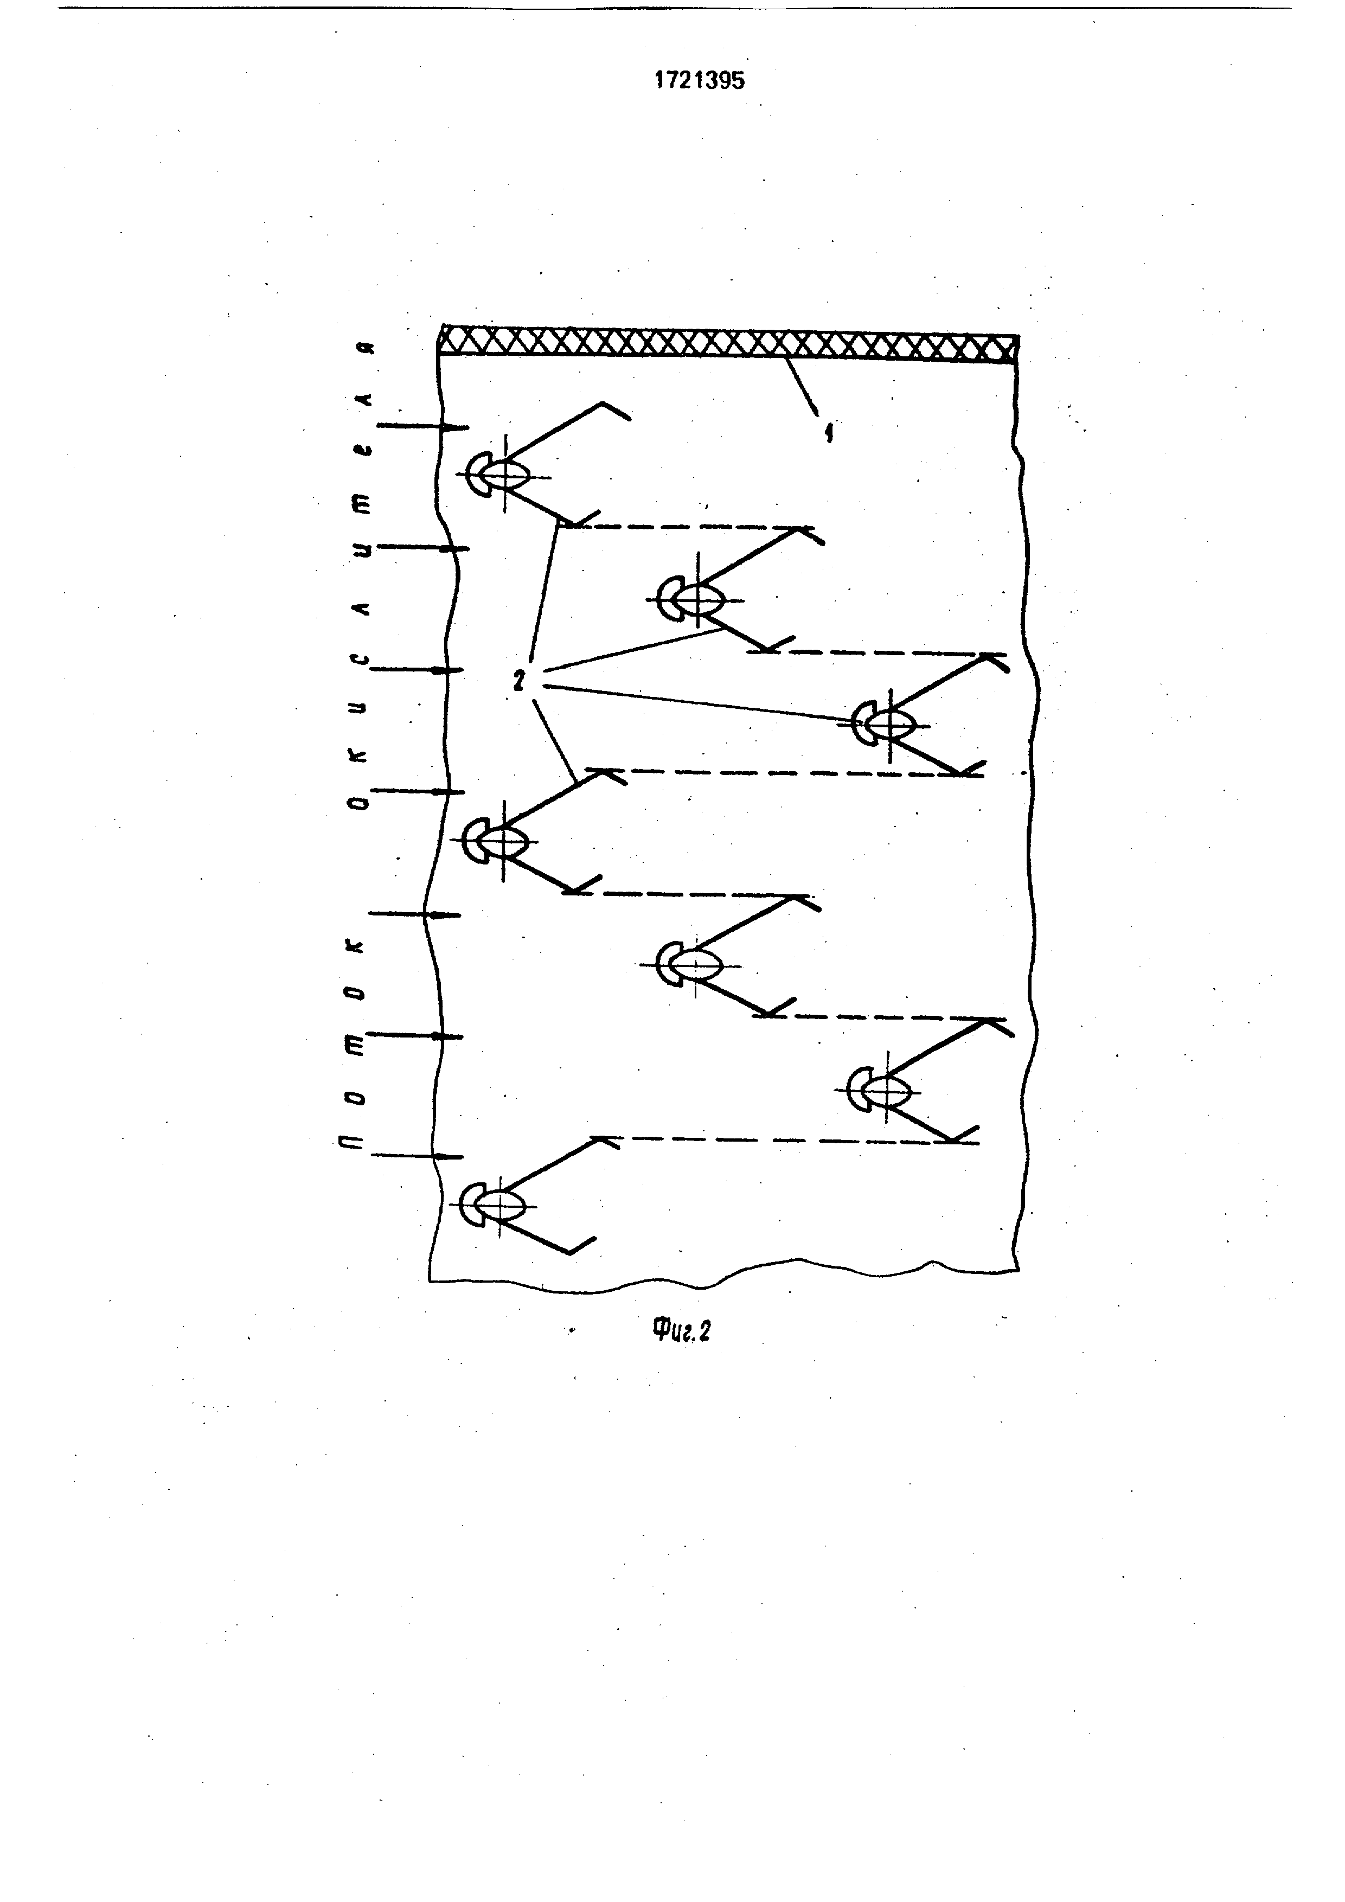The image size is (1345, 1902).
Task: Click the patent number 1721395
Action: click(x=699, y=80)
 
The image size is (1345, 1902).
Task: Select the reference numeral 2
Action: click(x=518, y=682)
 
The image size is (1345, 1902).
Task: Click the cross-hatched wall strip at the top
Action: click(x=727, y=342)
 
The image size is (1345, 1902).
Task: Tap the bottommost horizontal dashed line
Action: click(x=787, y=1141)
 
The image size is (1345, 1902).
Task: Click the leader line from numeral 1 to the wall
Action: click(x=802, y=386)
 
